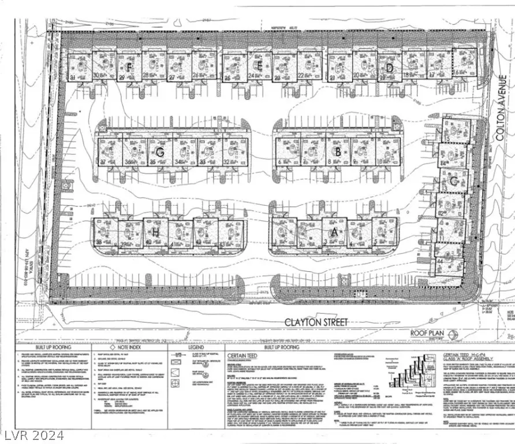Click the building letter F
[130, 68]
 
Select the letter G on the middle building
[161, 153]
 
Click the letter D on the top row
[390, 68]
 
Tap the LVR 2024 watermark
[26, 432]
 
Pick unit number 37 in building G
[103, 162]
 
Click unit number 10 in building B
[379, 162]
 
